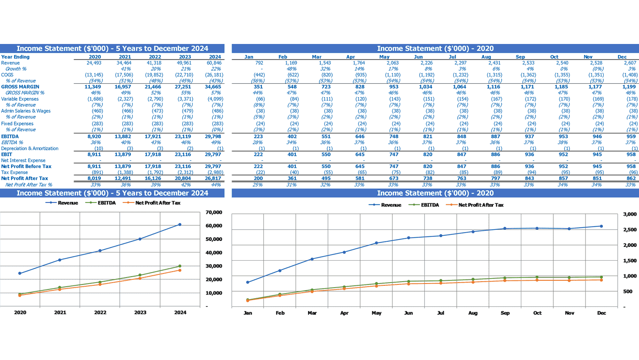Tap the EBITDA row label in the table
point(10,136)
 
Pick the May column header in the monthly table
point(384,57)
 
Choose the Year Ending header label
point(15,57)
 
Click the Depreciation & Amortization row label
point(30,148)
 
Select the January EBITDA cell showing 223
point(258,136)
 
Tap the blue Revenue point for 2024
point(180,224)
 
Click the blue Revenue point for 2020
point(20,273)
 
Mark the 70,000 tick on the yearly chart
point(214,213)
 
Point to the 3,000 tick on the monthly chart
point(630,214)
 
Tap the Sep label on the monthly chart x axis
point(505,313)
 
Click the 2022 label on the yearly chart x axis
point(100,312)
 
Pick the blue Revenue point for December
point(601,226)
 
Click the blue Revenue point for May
point(376,243)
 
